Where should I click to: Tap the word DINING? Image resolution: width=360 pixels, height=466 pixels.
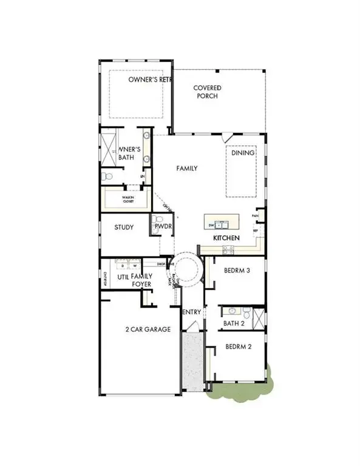click(242, 153)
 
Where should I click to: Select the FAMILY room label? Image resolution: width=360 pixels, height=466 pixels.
click(187, 168)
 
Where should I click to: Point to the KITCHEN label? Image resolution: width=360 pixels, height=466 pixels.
click(226, 238)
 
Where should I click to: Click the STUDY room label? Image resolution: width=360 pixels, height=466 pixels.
click(124, 228)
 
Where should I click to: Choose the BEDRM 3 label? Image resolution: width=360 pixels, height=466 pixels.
click(237, 271)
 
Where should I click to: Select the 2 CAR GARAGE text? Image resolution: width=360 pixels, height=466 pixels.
click(148, 329)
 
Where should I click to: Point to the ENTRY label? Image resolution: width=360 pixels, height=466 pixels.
click(192, 312)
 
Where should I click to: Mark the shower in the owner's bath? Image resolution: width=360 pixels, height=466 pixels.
click(110, 147)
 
